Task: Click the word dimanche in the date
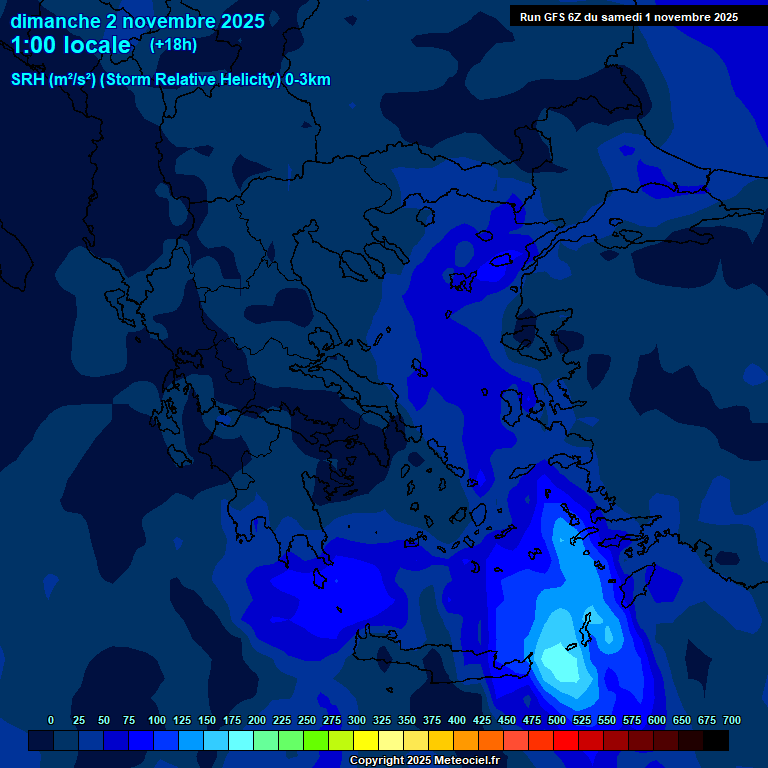click(x=50, y=21)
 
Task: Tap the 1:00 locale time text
click(x=71, y=45)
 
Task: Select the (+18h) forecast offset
click(x=173, y=44)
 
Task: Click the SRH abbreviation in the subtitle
click(x=28, y=80)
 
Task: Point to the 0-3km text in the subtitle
click(x=307, y=80)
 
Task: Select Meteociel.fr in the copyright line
click(x=470, y=761)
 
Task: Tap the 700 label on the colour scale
click(x=731, y=720)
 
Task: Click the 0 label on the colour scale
click(x=51, y=720)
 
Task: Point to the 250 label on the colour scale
click(x=281, y=720)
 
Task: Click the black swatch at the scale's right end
click(x=716, y=740)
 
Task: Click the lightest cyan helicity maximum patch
click(x=560, y=662)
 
